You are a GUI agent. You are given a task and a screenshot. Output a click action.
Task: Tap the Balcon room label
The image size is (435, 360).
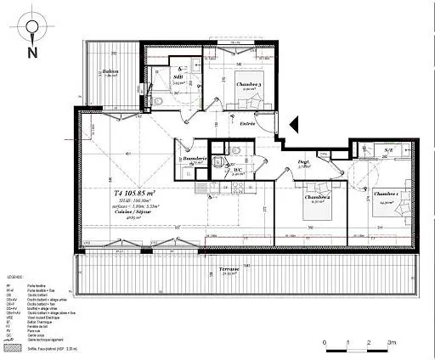[x=110, y=72]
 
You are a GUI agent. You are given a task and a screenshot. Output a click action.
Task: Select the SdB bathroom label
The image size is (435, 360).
[x=179, y=74]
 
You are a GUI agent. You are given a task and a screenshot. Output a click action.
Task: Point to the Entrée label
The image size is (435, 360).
[x=247, y=123]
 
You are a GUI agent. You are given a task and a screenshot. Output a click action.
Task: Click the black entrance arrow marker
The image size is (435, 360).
[x=295, y=125]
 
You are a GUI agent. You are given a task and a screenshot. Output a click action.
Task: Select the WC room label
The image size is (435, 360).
[x=239, y=169]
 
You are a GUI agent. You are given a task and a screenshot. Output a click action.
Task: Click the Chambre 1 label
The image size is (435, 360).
[x=387, y=194]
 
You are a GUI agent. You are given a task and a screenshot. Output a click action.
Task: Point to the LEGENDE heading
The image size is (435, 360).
[x=15, y=278]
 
